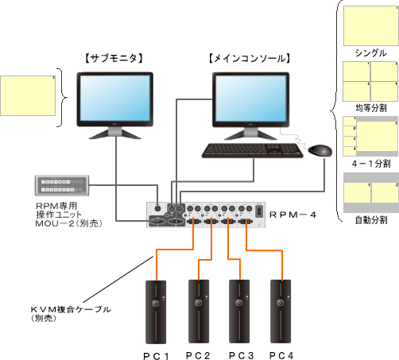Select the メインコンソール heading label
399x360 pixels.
[x=249, y=58]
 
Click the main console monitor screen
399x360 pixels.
[x=249, y=97]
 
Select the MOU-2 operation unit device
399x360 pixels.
[x=64, y=184]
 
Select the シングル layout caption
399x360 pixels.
[x=370, y=52]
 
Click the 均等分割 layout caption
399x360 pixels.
[x=370, y=107]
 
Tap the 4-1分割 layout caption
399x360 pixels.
[x=370, y=163]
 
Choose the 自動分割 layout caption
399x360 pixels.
[x=370, y=218]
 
